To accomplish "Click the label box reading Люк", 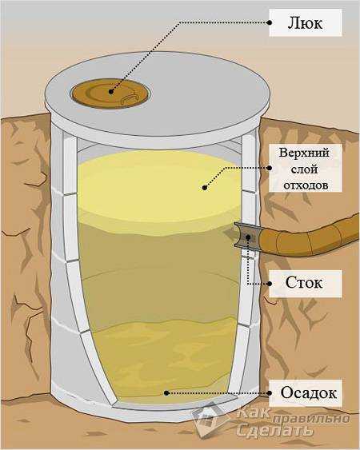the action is (306, 22).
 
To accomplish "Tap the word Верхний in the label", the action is (304, 153).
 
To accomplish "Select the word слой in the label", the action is (304, 169).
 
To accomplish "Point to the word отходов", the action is (306, 185).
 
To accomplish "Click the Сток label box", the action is (306, 284).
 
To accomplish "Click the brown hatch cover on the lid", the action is (111, 94).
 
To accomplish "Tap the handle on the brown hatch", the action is (130, 98).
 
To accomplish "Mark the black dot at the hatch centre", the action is (111, 92).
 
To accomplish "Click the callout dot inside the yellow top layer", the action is (205, 188).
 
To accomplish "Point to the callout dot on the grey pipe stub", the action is (248, 237).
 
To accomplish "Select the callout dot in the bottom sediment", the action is (166, 393).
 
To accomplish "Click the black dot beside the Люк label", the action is (270, 22).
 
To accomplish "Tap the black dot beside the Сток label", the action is (270, 284).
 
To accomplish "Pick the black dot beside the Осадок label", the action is (270, 393).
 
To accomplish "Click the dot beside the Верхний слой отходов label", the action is (270, 168).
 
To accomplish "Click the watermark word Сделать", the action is (274, 430).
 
